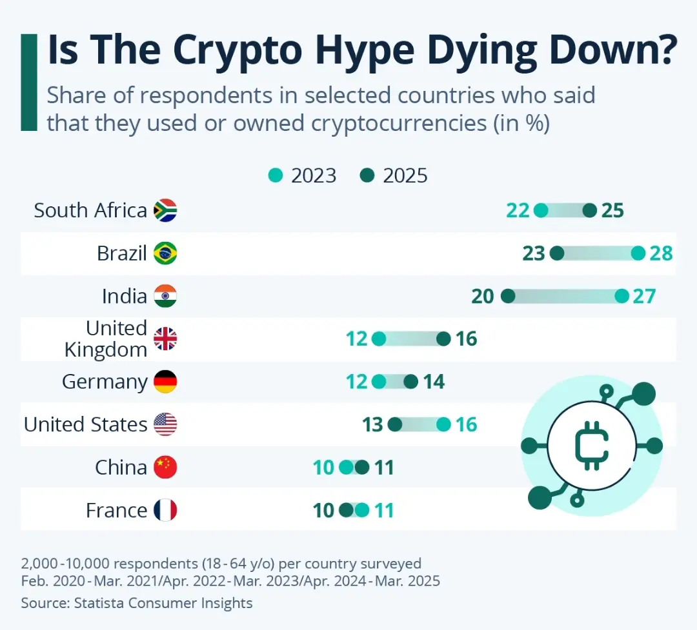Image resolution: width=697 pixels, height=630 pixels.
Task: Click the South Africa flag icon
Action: point(165,210)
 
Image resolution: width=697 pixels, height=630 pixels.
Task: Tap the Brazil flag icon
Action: point(165,253)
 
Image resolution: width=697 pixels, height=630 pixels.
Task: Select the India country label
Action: point(125,296)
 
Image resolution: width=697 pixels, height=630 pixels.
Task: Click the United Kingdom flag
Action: point(165,339)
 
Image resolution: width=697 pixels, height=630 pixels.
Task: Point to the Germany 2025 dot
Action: point(411,382)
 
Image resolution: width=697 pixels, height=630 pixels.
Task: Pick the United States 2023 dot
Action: point(443,424)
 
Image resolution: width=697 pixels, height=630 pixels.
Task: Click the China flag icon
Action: point(165,467)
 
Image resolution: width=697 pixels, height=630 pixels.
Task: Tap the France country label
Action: point(116,510)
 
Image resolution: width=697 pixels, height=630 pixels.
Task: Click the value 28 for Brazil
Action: point(662,253)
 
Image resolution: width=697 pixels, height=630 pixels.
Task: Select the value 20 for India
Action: point(483,296)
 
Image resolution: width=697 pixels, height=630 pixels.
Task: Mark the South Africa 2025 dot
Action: point(590,210)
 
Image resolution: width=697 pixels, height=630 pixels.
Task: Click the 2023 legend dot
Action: point(276,175)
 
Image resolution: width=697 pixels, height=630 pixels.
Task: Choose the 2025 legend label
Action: point(405,175)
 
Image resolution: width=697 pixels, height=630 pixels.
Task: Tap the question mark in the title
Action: point(660,52)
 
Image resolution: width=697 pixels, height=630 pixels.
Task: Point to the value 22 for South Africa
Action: point(518,210)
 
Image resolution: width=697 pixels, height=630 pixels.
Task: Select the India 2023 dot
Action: point(621,296)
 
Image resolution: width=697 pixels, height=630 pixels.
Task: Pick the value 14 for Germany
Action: point(434,382)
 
